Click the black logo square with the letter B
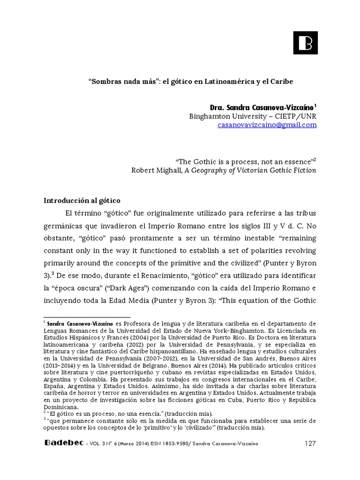305,44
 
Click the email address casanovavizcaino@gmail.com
267,125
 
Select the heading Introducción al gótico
82,200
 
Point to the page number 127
310,444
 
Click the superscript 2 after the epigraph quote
315,159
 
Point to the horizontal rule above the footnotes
87,317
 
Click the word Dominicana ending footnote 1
60,407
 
